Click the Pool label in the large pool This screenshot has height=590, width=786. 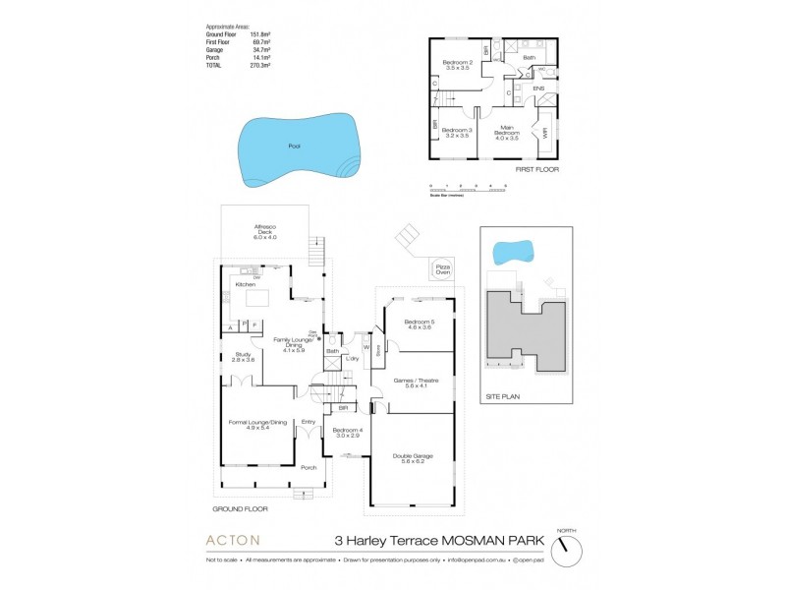tap(294, 147)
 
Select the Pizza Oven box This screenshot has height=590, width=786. tap(442, 268)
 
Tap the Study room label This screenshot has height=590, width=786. tap(241, 358)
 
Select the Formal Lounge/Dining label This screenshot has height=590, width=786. tap(257, 425)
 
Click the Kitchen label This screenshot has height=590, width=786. tap(245, 284)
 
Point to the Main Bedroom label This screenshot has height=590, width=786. tap(507, 129)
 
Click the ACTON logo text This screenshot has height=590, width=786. tap(233, 540)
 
